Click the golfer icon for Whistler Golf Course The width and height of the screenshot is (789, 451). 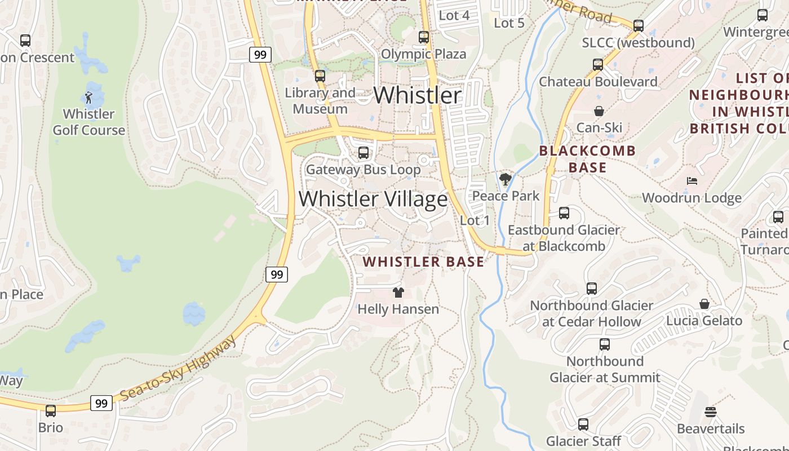click(x=88, y=98)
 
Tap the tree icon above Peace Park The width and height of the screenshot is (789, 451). click(x=506, y=180)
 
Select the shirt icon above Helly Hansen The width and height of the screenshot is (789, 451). click(x=398, y=293)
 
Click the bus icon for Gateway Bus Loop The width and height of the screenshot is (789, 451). click(x=364, y=153)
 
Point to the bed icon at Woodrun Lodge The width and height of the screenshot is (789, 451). click(x=692, y=181)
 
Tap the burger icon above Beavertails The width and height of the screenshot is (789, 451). click(x=711, y=412)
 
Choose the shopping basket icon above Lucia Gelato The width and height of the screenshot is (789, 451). click(x=704, y=304)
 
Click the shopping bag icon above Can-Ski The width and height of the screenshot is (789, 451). click(x=599, y=111)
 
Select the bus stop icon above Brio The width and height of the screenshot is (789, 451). click(x=51, y=411)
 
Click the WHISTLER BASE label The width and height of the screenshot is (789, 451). click(x=423, y=262)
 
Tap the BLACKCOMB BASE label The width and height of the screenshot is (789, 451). click(x=587, y=159)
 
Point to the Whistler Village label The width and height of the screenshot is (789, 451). click(x=373, y=199)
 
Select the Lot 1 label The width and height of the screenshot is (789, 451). click(x=475, y=220)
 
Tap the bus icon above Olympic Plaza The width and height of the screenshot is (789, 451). click(x=424, y=37)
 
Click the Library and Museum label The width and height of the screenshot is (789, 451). click(x=320, y=101)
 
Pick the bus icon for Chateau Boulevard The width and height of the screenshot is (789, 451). click(x=598, y=65)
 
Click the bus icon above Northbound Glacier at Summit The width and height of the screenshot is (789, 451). click(x=605, y=344)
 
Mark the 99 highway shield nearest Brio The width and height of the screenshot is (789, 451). click(x=101, y=403)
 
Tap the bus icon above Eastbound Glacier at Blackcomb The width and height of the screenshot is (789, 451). click(x=564, y=213)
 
